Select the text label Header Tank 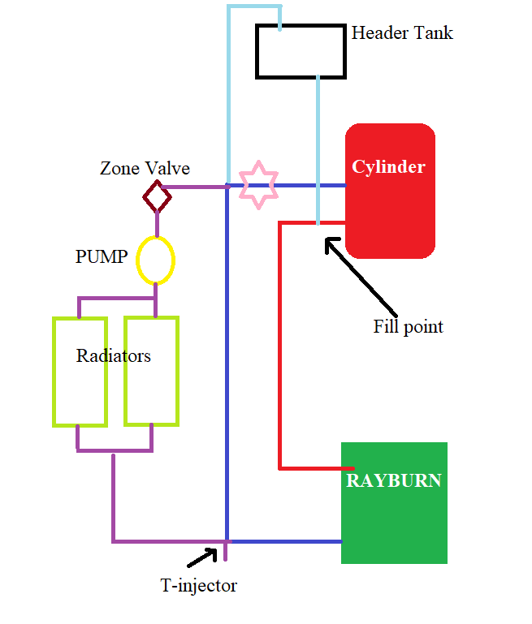402,33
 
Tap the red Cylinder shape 390,211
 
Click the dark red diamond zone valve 157,196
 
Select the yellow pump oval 155,260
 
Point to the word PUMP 102,257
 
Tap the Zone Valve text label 145,169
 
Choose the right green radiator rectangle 151,389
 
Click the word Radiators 114,355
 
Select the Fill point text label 409,327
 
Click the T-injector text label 198,585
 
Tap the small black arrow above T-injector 203,557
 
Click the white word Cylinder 388,167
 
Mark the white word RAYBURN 394,480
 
